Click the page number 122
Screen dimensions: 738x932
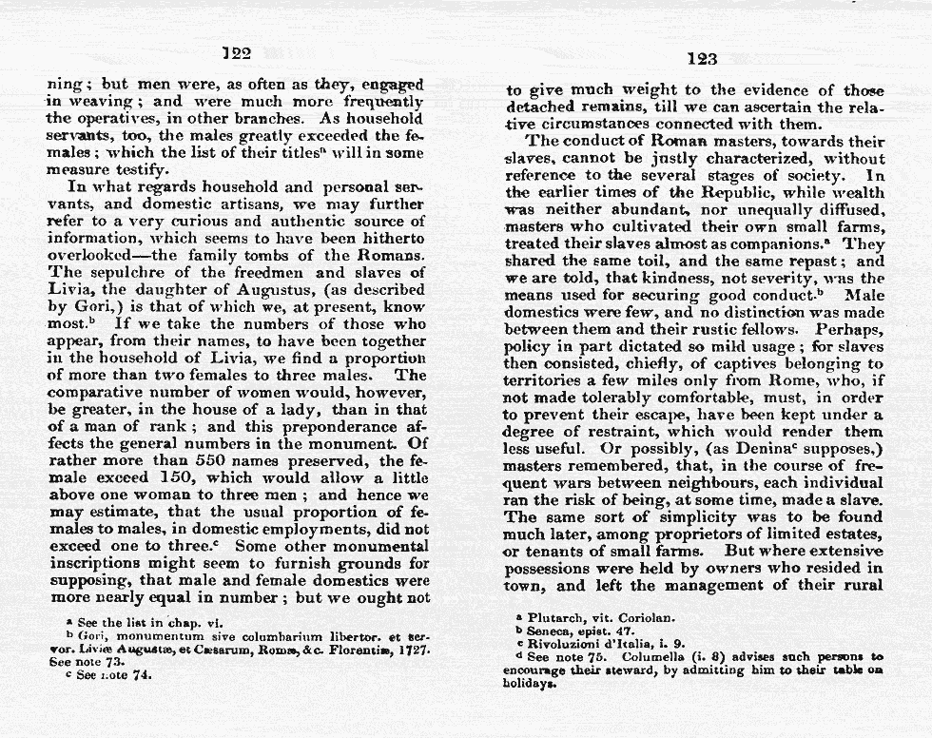(x=235, y=54)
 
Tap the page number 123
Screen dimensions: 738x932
(x=701, y=59)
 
